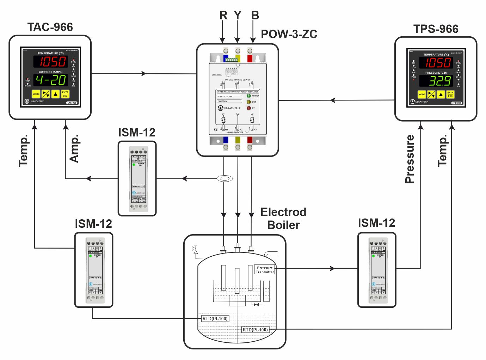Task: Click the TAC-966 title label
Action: click(x=50, y=27)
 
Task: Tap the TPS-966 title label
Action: click(x=436, y=29)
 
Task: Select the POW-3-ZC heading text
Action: click(x=289, y=34)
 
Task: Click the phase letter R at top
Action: click(x=223, y=16)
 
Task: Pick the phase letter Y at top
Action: click(x=238, y=16)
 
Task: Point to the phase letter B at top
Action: click(x=255, y=16)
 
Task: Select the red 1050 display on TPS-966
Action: click(x=436, y=63)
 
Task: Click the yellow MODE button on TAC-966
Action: click(x=36, y=94)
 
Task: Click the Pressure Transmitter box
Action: click(x=265, y=270)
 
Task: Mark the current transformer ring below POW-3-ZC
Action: click(x=224, y=179)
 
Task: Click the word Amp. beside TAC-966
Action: click(x=74, y=148)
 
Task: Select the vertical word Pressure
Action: click(x=410, y=159)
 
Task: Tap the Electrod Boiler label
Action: click(x=283, y=218)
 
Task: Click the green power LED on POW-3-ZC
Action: click(x=249, y=96)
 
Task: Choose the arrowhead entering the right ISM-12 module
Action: click(x=332, y=269)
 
